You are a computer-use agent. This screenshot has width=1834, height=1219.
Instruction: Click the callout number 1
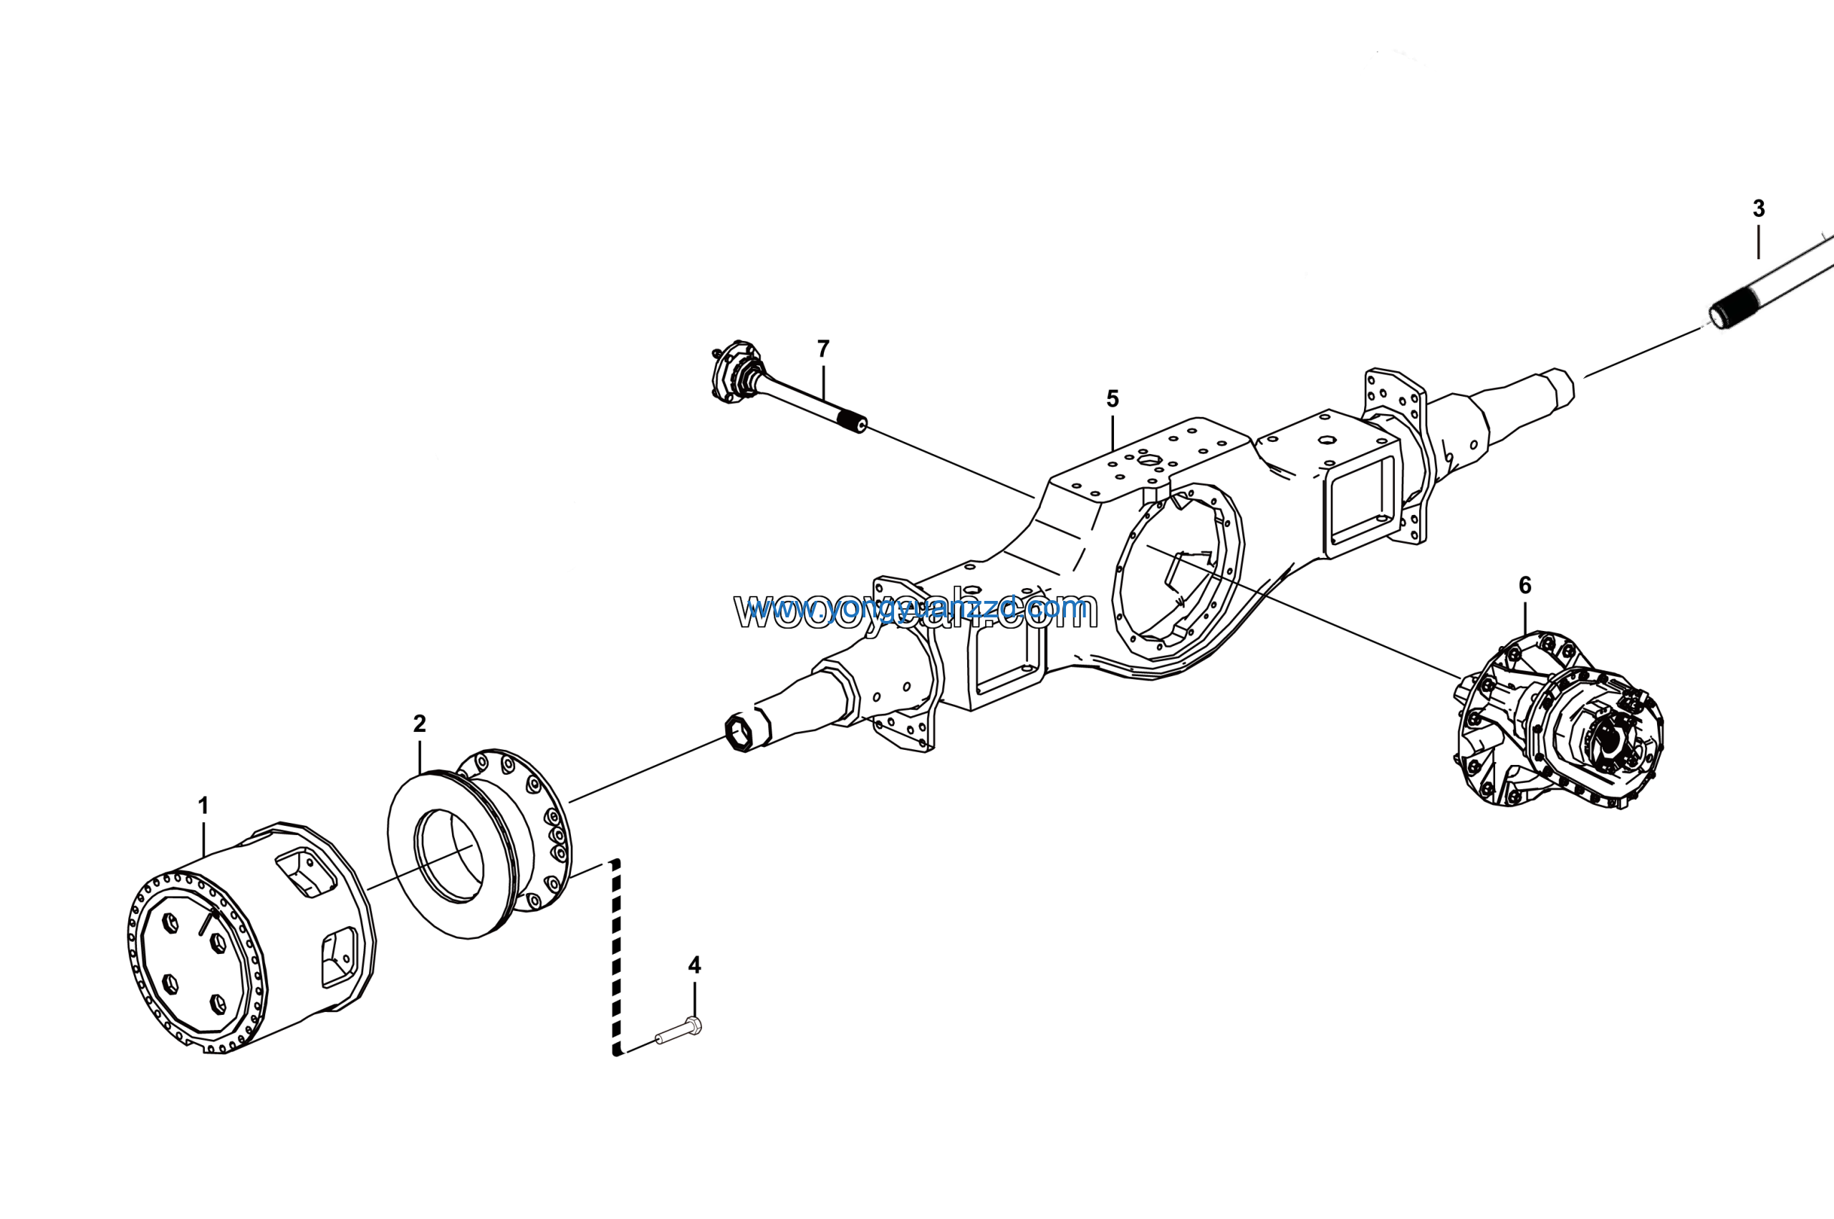point(203,806)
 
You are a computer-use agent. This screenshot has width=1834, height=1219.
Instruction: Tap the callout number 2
point(419,724)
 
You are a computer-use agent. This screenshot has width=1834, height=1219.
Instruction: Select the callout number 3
point(1758,209)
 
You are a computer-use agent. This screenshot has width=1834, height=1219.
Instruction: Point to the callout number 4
point(694,965)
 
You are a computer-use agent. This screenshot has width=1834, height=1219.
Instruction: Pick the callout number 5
point(1113,399)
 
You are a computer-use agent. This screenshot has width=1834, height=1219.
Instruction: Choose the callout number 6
point(1525,585)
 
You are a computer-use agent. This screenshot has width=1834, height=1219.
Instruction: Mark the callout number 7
point(823,349)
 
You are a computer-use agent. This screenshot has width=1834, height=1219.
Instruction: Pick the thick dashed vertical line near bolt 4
point(617,956)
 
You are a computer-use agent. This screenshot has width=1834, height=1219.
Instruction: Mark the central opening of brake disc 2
point(450,855)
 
